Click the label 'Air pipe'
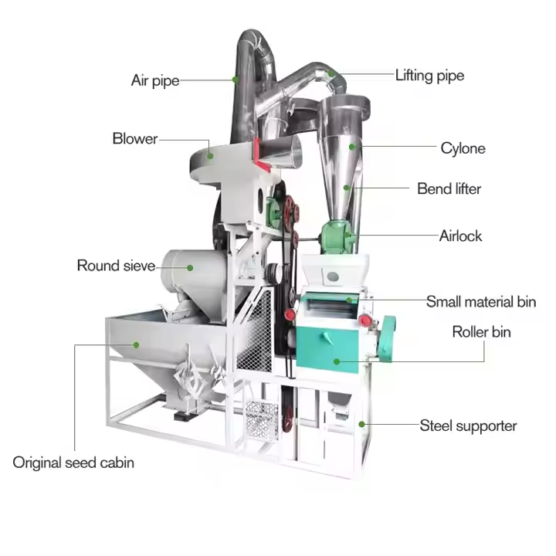(154, 80)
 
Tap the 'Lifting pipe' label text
(429, 76)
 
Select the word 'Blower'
(134, 139)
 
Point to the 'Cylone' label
(463, 147)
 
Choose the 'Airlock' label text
(460, 236)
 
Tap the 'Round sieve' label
(116, 266)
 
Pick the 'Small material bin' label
(481, 302)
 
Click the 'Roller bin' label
(481, 332)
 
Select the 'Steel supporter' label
(468, 425)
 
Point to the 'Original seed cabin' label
(73, 463)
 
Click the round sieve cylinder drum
(193, 270)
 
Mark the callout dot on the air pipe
(236, 78)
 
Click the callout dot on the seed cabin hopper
(136, 344)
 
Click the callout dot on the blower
(209, 155)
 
